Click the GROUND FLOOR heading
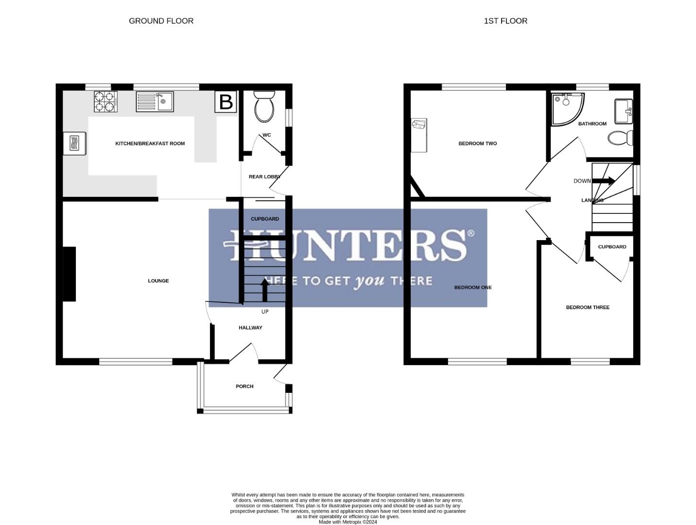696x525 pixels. [161, 21]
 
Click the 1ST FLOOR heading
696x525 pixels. [505, 21]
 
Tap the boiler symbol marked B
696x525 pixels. [226, 102]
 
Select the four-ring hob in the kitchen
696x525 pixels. [106, 102]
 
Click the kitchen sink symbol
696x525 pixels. [155, 102]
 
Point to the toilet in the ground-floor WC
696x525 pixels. [265, 107]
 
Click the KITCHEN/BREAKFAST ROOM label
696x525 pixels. [150, 143]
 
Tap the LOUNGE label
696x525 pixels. [158, 281]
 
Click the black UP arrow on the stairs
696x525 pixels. [265, 290]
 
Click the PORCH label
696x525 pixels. [244, 386]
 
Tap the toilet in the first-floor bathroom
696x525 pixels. [620, 138]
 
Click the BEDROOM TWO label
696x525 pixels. [478, 143]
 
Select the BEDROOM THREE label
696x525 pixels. [588, 307]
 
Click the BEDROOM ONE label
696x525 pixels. [473, 287]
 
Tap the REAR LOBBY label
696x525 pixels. [264, 177]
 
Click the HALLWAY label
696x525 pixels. [250, 328]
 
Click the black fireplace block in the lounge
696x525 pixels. [70, 274]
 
